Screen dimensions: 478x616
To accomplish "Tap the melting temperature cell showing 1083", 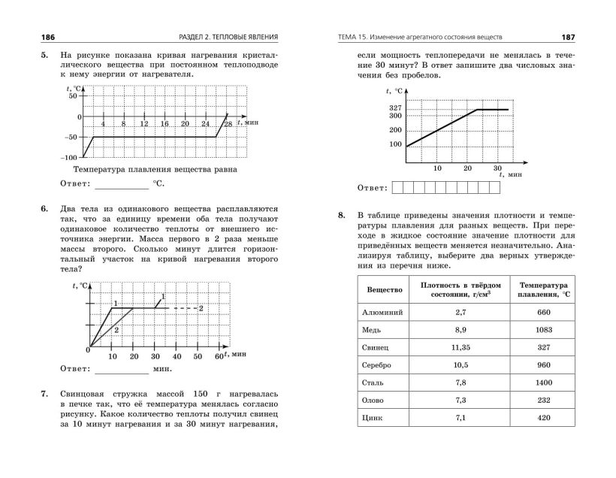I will point(545,330).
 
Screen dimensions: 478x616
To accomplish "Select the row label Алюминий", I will point(383,311).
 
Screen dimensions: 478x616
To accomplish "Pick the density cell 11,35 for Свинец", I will point(460,348).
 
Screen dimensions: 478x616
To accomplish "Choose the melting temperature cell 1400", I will point(545,383).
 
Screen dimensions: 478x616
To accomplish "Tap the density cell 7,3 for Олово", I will point(460,400).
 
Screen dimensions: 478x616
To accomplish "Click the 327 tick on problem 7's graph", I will point(396,108).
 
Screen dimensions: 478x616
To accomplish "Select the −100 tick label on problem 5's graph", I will point(68,158).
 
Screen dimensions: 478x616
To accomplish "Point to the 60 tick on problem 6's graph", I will point(219,356).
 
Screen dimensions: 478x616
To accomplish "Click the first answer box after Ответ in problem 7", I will point(397,187).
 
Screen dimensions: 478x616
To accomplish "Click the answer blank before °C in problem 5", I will point(121,183).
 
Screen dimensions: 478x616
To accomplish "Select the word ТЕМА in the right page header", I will point(352,37).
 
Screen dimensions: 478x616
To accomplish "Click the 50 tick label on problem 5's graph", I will point(72,96).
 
